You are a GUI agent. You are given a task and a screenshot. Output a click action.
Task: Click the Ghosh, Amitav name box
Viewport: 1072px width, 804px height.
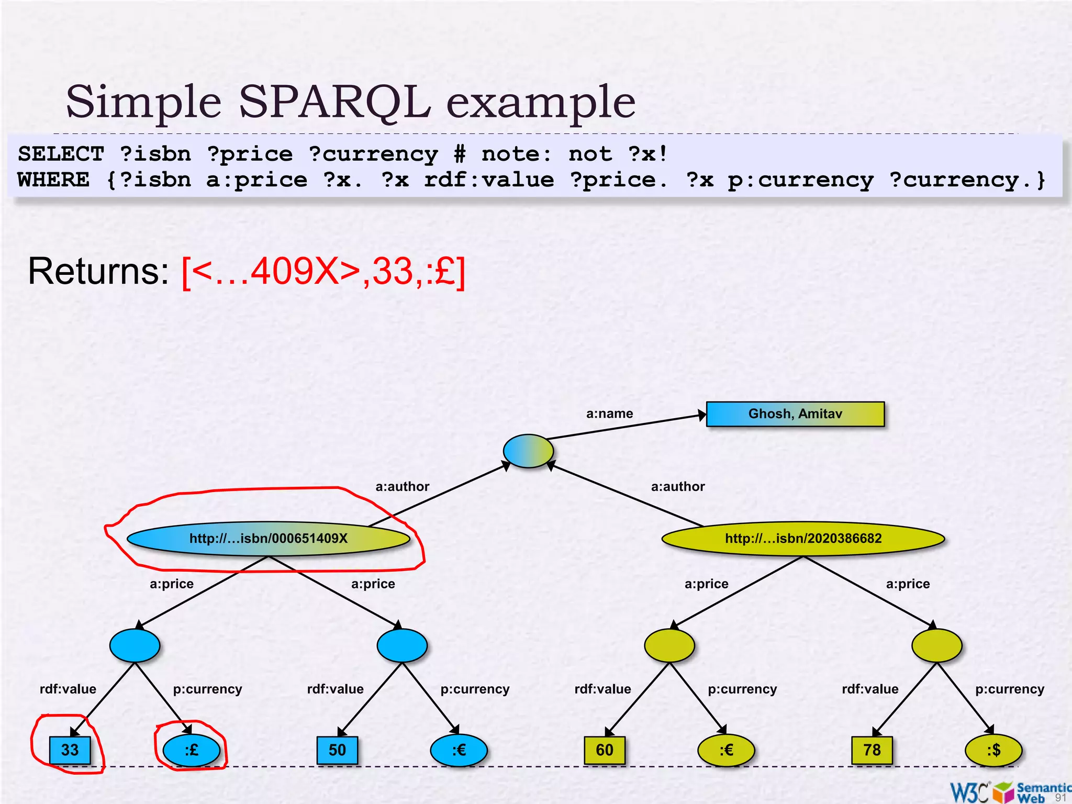click(x=795, y=414)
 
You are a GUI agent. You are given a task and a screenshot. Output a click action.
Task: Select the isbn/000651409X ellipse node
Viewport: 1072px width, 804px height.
click(x=268, y=539)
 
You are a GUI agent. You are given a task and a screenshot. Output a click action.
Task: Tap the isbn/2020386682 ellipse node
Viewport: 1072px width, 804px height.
click(x=803, y=539)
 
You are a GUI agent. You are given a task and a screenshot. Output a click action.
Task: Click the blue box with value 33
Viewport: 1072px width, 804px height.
click(x=70, y=750)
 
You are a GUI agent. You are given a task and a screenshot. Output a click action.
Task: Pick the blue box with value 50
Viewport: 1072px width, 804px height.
click(x=337, y=750)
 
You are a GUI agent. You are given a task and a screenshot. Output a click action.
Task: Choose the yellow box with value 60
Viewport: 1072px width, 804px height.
click(x=605, y=750)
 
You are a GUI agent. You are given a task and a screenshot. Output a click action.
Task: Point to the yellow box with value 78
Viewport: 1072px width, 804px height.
click(x=872, y=750)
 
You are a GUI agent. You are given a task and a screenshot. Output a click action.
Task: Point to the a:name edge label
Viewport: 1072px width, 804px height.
click(x=609, y=414)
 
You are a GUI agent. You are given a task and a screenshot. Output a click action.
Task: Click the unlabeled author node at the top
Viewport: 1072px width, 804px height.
click(x=528, y=451)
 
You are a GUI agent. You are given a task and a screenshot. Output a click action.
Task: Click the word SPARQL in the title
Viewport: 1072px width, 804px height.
click(x=335, y=102)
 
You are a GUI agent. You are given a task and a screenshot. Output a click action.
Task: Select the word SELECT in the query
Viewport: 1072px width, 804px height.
click(x=61, y=154)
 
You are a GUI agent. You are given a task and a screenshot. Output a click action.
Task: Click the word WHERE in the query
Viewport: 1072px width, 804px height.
click(x=53, y=180)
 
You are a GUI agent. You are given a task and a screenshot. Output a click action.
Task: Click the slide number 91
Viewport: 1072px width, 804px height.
click(x=1060, y=797)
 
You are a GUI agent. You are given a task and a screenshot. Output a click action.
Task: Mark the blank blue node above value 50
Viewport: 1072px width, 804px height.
click(x=402, y=645)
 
